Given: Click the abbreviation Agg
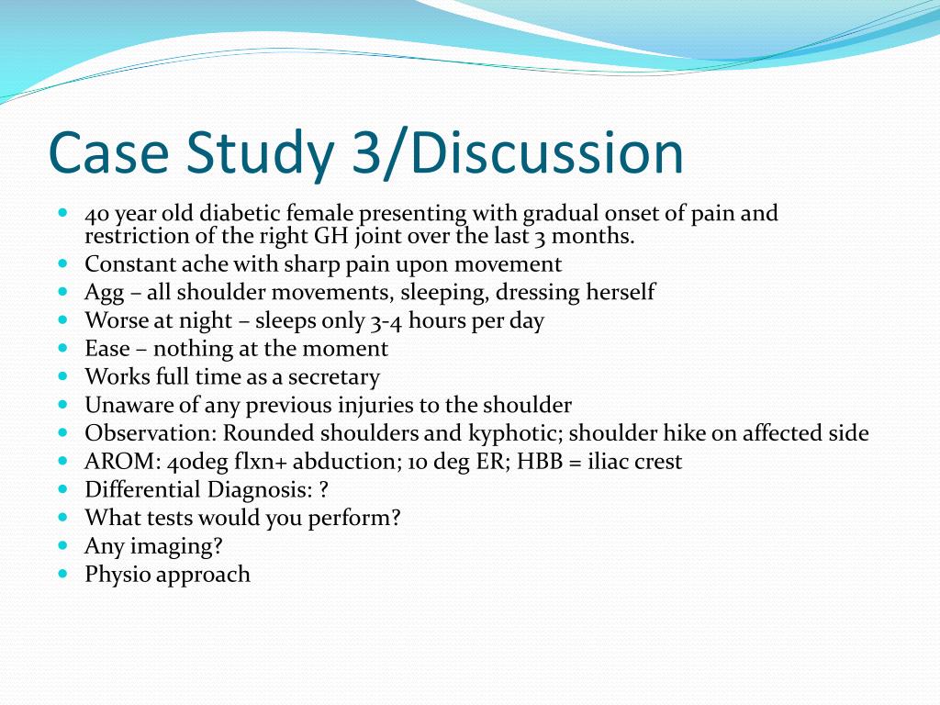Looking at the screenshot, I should coord(105,293).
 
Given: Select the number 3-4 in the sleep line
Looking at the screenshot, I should coord(387,321).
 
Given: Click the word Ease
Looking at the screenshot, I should coord(107,349).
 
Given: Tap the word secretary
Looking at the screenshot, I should coord(333,377).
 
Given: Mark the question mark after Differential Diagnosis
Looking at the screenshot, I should coord(324,490).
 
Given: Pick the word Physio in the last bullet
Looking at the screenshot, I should coord(117,576).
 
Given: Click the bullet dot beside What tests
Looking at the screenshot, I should coord(63,517).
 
